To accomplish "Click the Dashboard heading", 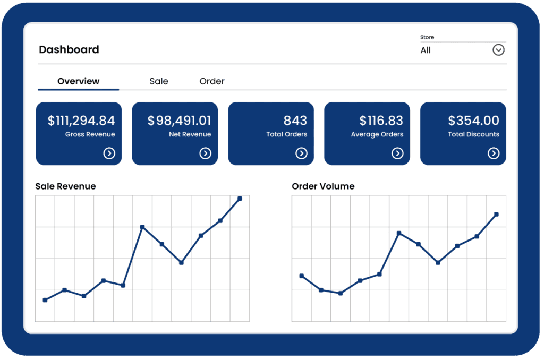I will [x=69, y=50].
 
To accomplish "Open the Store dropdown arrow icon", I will [x=498, y=50].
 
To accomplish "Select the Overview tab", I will [x=79, y=81].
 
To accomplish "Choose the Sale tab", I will [x=159, y=81].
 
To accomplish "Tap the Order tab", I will [x=212, y=81].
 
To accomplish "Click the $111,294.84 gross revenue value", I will [x=81, y=121].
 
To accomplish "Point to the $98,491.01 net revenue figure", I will [x=179, y=121].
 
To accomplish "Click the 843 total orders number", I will [x=295, y=121].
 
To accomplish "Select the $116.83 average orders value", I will [x=381, y=121].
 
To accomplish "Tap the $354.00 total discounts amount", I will [x=473, y=121].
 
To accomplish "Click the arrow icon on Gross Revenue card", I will [x=109, y=153].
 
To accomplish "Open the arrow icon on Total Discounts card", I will [x=494, y=153].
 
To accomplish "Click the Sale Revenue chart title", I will [x=65, y=186].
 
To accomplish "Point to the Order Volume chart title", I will [x=323, y=186].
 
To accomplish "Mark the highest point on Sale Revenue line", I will [x=240, y=199].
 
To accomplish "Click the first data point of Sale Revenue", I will [x=45, y=300].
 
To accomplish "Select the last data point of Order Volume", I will [x=496, y=215].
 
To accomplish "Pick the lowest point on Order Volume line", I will [x=341, y=293].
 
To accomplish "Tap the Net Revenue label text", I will [x=190, y=134].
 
